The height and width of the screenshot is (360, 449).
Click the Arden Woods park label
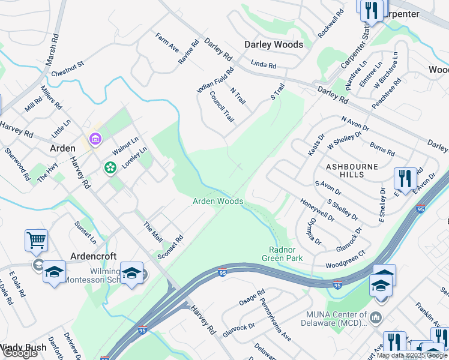[217, 202]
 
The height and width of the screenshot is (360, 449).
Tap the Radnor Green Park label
[282, 254]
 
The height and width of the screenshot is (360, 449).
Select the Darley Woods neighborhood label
[273, 44]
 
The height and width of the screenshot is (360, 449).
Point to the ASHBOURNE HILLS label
[352, 170]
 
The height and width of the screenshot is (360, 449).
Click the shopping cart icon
[36, 241]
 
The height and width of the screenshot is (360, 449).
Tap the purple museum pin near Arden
[94, 140]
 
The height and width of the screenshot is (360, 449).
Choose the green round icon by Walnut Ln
[110, 168]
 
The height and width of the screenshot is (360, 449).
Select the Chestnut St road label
[67, 67]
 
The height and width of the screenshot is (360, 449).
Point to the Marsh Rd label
[53, 49]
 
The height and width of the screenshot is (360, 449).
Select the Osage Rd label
[252, 298]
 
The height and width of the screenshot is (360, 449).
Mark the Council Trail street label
[221, 108]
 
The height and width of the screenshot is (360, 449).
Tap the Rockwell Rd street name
[331, 23]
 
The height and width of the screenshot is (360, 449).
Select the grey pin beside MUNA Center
[376, 316]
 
